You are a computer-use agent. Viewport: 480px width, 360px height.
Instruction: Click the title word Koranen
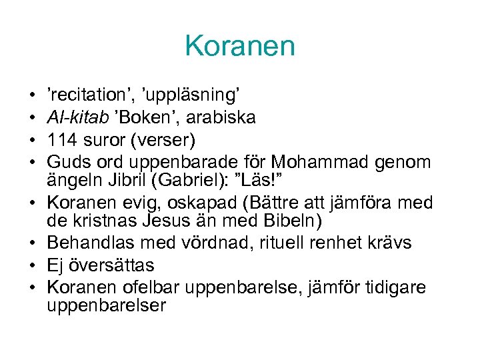pyautogui.click(x=240, y=46)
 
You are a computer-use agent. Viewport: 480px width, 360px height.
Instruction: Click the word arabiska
pyautogui.click(x=221, y=119)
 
